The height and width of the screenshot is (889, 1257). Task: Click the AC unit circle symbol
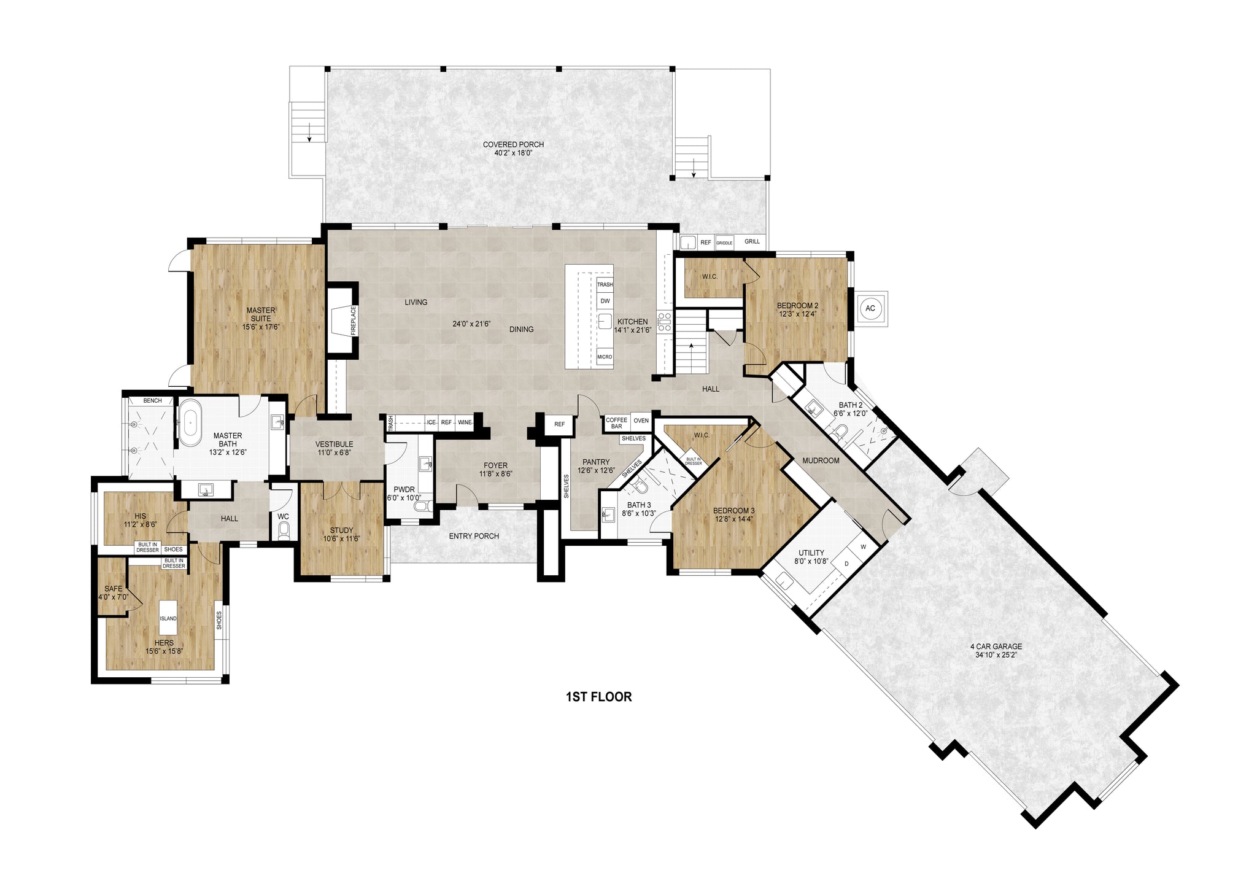coord(870,308)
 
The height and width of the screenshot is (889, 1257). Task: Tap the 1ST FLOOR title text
coord(598,697)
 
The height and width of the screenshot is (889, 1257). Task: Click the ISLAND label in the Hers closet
coord(168,618)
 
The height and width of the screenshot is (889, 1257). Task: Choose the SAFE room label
coord(113,589)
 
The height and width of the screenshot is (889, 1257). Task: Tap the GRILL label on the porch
coord(752,241)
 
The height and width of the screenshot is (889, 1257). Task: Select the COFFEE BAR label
coord(617,423)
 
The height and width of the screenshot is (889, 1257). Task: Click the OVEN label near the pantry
coord(641,421)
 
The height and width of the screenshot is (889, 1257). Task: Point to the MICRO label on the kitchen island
coord(605,357)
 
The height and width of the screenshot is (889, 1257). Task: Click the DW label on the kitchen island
coord(605,301)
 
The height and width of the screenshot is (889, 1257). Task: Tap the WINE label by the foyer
coord(465,422)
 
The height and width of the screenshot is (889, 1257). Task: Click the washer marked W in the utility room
coord(863,546)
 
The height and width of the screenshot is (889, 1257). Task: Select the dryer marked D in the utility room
coord(846,564)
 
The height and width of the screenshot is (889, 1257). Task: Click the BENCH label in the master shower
coord(152,401)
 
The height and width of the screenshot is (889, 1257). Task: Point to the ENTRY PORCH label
coord(474,536)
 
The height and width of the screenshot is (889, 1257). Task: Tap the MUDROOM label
coord(821,460)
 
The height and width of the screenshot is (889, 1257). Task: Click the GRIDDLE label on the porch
coord(724,243)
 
